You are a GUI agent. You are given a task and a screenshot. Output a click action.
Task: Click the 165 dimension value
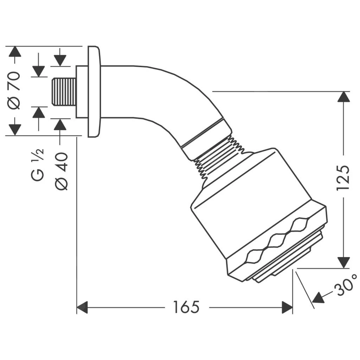(x=186, y=307)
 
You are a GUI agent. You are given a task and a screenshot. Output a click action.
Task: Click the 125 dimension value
(x=343, y=177)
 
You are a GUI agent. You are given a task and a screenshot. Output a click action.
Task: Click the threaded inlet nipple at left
(x=64, y=92)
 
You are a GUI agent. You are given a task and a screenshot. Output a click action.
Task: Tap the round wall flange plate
(x=94, y=91)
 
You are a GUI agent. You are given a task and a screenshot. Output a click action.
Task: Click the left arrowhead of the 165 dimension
(x=82, y=307)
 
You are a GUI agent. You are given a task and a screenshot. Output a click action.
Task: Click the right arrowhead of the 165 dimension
(x=287, y=307)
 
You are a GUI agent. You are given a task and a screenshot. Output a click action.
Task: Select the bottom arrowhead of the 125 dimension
(x=343, y=262)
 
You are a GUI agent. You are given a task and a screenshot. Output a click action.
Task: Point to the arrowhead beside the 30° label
(x=318, y=298)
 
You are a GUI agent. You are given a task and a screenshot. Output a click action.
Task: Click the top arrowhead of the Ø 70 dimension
(x=15, y=51)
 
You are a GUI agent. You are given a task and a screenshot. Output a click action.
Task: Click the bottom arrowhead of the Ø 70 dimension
(x=15, y=129)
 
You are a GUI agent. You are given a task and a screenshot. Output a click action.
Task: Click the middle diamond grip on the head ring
(x=276, y=242)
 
